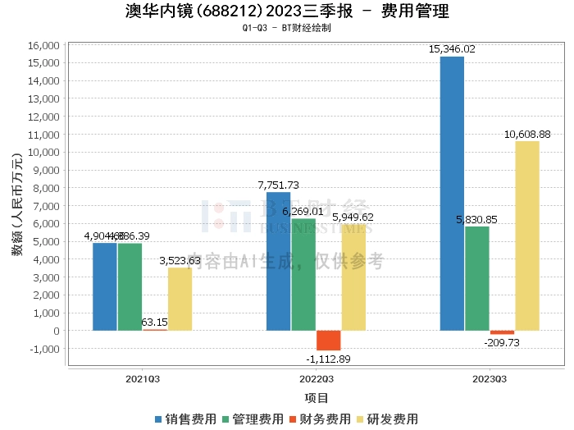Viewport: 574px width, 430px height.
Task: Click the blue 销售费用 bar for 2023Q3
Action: pos(452,194)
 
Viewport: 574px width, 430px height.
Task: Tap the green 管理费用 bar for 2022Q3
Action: pos(303,275)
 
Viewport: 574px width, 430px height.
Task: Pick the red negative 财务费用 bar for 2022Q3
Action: pos(329,341)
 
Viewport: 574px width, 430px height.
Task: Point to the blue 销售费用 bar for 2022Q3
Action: pos(278,261)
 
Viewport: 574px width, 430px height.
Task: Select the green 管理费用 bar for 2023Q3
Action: pos(477,278)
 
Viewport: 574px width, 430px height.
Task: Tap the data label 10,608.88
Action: pos(527,134)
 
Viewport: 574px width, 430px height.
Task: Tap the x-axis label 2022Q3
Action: pos(317,379)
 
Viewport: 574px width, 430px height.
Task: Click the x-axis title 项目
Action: pos(317,398)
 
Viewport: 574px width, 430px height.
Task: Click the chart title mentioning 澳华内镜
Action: pos(287,11)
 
